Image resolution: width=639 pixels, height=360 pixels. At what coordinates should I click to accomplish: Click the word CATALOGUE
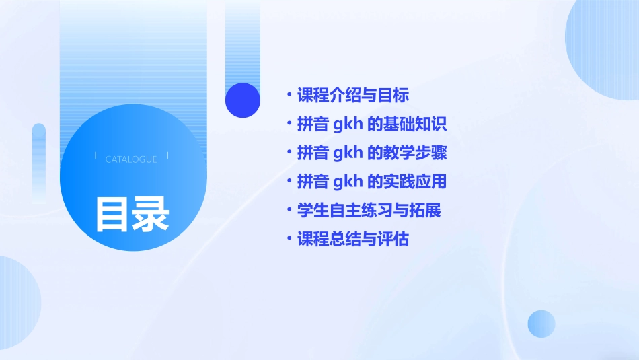click(x=131, y=159)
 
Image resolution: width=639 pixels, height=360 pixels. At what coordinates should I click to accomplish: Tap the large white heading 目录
click(x=132, y=214)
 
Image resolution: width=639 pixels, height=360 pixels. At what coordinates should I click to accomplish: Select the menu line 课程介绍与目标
click(x=353, y=95)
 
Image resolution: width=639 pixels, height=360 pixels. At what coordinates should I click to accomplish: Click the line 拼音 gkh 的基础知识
click(x=372, y=124)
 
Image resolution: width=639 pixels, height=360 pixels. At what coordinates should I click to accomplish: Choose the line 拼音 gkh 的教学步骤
click(x=372, y=153)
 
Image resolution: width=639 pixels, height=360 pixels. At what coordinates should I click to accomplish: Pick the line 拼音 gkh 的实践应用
click(x=372, y=182)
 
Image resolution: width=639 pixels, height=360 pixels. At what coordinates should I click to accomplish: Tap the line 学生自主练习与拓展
click(x=369, y=210)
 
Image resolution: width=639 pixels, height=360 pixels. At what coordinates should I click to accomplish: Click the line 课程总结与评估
click(x=353, y=239)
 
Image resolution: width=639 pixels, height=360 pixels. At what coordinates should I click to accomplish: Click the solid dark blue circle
click(x=243, y=100)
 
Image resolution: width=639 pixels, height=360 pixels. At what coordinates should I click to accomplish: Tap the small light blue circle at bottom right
click(x=541, y=324)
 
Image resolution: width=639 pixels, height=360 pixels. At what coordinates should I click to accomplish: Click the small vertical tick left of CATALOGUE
click(x=96, y=156)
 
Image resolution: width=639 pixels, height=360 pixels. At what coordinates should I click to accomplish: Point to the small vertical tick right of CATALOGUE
click(x=167, y=156)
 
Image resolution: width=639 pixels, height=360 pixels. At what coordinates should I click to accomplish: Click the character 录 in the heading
click(x=151, y=214)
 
